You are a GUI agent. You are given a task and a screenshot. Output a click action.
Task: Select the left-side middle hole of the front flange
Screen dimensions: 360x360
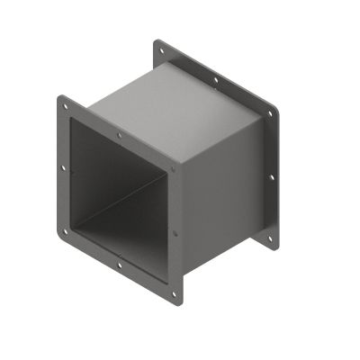[x=62, y=166]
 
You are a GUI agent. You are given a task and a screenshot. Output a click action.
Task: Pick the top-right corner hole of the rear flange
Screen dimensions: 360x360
[x=269, y=115]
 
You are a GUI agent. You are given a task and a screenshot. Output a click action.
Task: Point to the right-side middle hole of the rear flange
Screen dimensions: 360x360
[x=270, y=177]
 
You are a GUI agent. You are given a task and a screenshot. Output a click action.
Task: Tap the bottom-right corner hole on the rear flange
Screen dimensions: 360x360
[x=267, y=239]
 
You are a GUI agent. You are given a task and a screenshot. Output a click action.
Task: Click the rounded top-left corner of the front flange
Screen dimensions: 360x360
[x=60, y=97]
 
